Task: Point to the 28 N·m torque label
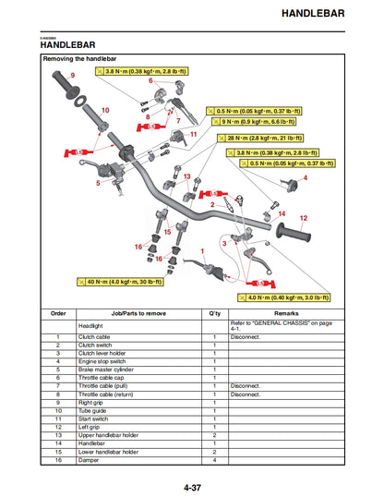point(270,138)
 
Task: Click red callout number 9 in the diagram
point(73,74)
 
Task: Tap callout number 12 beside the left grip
point(303,218)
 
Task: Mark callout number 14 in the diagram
point(282,212)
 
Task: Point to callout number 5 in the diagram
point(98,183)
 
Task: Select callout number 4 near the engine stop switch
point(306,177)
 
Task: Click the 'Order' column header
point(58,314)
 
